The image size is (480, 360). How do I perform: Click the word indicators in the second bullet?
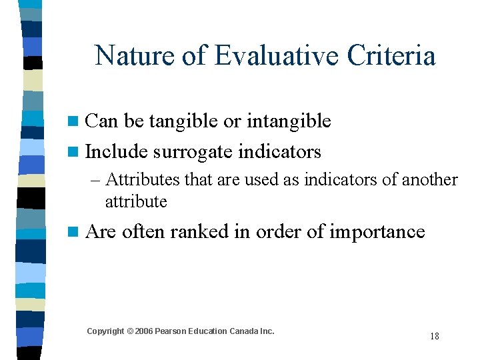coord(281,152)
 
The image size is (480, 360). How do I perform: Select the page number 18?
coord(435,336)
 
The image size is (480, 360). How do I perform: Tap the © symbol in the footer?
coord(129,331)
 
